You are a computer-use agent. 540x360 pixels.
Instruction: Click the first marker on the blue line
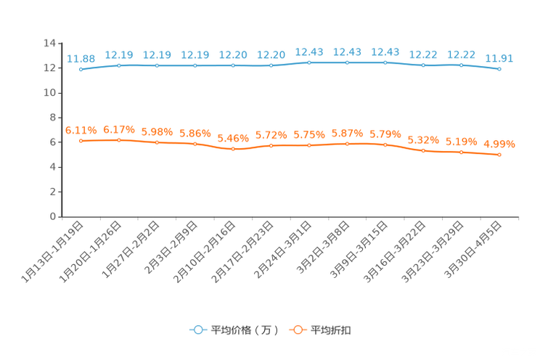pos(81,69)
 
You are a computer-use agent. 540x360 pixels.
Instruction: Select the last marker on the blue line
pos(499,69)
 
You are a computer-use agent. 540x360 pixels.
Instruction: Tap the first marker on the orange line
pos(81,141)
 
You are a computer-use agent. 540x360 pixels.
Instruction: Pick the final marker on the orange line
pos(499,155)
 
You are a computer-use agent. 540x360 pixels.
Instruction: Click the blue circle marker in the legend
pos(197,330)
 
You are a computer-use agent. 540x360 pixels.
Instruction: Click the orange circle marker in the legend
pos(298,330)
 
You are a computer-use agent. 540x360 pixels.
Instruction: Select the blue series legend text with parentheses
pos(245,330)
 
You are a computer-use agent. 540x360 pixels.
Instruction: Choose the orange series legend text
pos(332,330)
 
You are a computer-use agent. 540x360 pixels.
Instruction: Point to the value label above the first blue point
pos(81,58)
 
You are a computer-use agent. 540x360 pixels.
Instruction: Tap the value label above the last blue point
pos(499,58)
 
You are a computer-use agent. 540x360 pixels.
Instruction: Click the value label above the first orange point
pos(81,130)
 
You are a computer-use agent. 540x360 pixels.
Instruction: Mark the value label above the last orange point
pos(499,144)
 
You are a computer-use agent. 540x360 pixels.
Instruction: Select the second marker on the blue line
pos(119,65)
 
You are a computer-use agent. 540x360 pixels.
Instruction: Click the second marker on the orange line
pos(119,140)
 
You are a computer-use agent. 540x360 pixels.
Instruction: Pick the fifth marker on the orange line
pos(233,149)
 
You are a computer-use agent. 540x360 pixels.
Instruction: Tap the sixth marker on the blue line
pos(271,65)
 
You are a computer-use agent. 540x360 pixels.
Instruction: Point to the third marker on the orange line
pos(157,142)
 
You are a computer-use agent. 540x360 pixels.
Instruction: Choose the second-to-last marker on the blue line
pos(462,65)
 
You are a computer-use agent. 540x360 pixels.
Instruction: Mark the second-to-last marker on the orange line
pos(462,152)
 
